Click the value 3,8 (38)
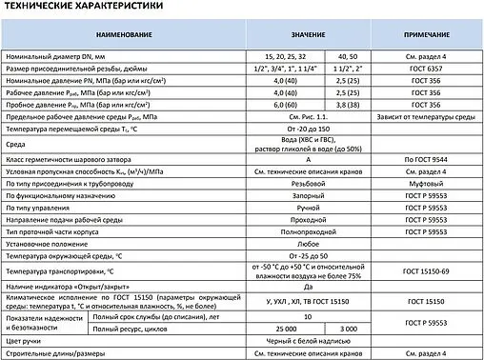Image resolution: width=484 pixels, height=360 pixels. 348,104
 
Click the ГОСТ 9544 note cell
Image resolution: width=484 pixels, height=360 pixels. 424,158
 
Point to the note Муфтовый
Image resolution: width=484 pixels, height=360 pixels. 424,182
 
